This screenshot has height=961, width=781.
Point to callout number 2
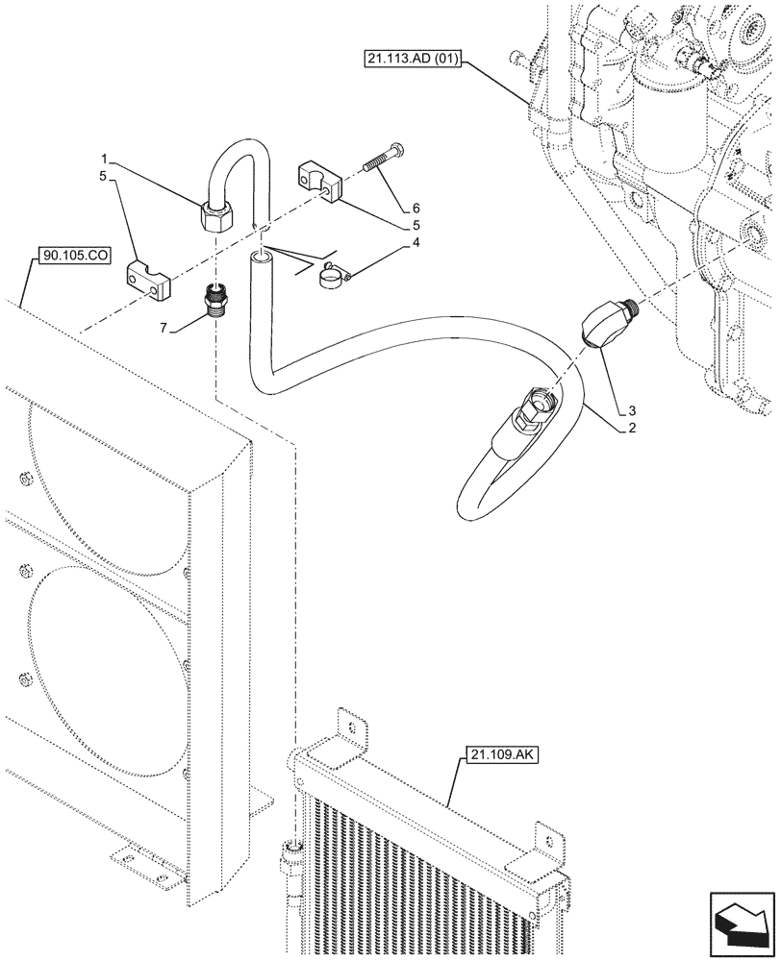click(x=631, y=429)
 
